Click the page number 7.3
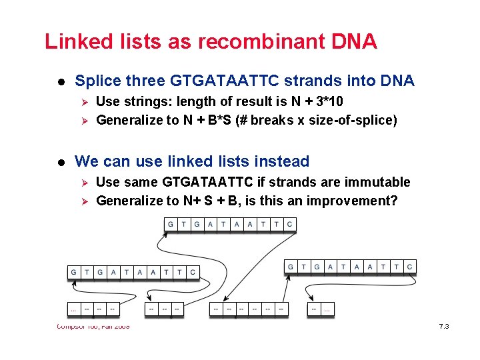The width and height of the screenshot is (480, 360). (444, 327)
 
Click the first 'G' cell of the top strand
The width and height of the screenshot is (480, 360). (171, 225)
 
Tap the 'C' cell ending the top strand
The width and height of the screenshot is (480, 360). (289, 225)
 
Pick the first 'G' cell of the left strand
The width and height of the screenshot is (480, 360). (73, 272)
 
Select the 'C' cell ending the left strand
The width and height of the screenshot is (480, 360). (193, 272)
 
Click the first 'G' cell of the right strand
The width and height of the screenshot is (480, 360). (291, 267)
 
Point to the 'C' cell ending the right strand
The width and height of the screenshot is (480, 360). (409, 267)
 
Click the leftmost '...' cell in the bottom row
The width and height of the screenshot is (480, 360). (73, 309)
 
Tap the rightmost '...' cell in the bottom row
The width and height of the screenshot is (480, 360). (327, 309)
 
